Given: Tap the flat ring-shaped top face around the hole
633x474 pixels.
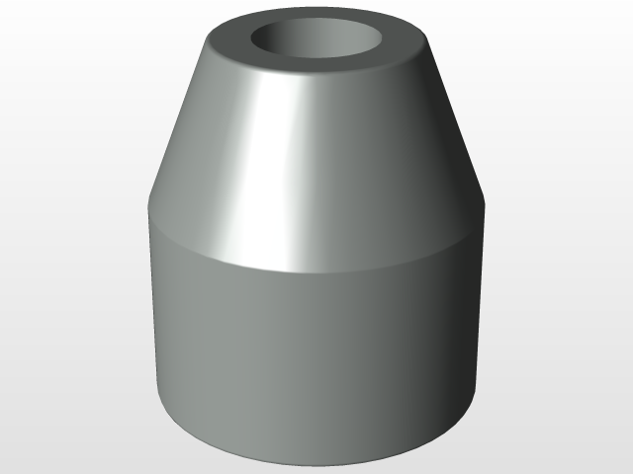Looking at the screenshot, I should (x=318, y=75).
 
